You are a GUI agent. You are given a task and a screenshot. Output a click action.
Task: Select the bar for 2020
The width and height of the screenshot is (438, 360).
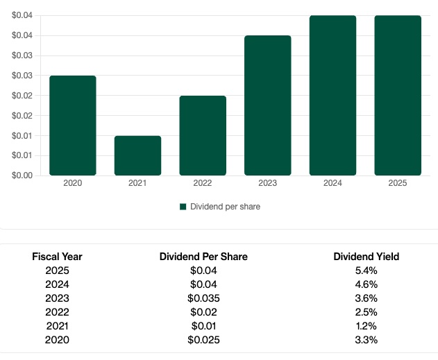coord(73,126)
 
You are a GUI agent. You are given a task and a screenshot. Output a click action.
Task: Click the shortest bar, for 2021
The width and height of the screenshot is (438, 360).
coord(137,155)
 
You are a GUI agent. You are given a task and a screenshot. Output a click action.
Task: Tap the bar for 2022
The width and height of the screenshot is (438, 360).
coord(203,135)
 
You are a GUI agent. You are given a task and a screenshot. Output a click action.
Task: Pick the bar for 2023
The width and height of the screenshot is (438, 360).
coord(268,105)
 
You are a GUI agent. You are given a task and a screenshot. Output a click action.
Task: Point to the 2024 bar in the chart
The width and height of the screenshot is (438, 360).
coord(332,95)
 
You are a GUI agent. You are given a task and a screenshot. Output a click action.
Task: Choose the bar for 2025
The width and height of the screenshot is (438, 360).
coord(398,95)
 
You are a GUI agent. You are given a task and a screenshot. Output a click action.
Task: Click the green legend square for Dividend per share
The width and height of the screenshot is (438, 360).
coord(183,207)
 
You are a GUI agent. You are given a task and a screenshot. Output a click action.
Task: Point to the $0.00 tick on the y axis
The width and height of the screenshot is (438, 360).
coord(23,175)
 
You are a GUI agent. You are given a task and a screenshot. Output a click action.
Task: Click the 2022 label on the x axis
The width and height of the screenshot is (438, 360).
coord(203,183)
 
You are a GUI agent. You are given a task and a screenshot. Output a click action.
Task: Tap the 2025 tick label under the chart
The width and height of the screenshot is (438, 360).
coord(398,183)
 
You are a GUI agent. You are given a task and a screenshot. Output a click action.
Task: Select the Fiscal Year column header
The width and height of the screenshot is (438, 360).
coord(57,257)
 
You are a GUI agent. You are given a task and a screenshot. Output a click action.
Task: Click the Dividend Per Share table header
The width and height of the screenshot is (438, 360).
coord(203,257)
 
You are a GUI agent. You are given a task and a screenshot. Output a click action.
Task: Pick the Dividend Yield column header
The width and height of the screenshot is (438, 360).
coord(366,257)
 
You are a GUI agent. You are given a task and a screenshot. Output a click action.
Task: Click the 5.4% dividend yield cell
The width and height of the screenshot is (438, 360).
coord(366,271)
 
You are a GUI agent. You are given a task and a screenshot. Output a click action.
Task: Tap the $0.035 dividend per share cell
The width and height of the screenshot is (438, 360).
coord(203,298)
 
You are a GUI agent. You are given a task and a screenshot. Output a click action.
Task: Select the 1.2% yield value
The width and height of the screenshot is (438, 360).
coord(366,326)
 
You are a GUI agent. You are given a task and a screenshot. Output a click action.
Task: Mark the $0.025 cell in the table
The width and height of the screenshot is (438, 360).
coord(203,340)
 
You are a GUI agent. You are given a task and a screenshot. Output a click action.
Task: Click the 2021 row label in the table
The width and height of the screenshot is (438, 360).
coord(57,326)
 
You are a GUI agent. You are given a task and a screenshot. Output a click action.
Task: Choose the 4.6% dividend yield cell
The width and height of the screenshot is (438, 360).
coord(366,284)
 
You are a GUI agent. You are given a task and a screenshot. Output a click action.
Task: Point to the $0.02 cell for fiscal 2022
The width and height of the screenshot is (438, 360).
coord(203,312)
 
